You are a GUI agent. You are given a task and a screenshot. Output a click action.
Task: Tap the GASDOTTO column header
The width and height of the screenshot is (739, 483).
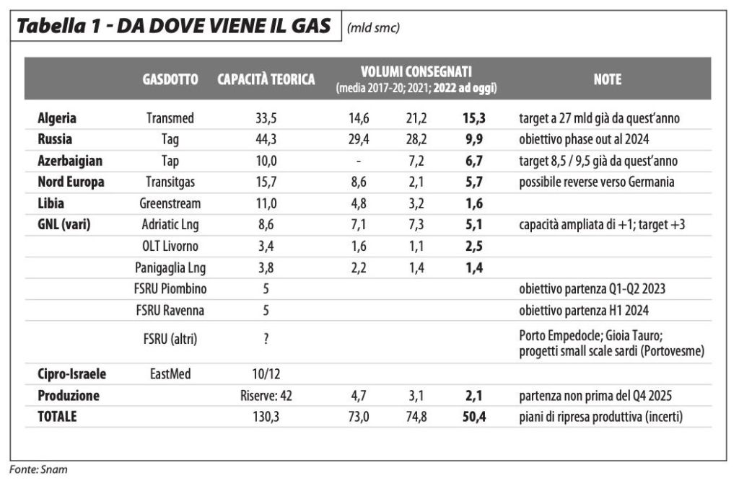(x=170, y=79)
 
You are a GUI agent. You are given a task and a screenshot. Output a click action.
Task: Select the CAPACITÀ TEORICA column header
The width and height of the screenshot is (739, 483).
(x=266, y=79)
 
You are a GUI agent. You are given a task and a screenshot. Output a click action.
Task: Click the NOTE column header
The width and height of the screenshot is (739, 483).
(x=608, y=79)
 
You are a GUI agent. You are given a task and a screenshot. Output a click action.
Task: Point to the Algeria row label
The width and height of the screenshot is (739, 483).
(x=57, y=118)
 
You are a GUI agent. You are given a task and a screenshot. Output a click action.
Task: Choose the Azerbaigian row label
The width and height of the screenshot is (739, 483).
(x=70, y=161)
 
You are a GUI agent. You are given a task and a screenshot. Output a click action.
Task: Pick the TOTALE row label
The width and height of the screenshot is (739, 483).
(x=57, y=417)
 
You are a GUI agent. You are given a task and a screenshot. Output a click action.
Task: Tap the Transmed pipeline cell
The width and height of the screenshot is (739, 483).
(x=170, y=118)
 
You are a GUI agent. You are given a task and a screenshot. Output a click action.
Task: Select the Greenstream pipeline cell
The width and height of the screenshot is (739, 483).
(x=170, y=203)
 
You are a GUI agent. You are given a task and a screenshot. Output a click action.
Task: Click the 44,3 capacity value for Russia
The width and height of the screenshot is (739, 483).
(x=266, y=139)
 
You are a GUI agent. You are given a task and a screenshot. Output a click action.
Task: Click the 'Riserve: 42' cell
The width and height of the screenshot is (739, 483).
(x=266, y=396)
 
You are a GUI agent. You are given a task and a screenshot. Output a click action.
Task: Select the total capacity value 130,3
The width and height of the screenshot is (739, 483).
(x=266, y=417)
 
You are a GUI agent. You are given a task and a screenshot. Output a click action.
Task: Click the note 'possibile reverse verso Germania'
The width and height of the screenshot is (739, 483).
(x=597, y=182)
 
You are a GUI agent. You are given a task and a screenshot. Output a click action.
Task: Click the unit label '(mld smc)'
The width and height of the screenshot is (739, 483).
(x=373, y=28)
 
